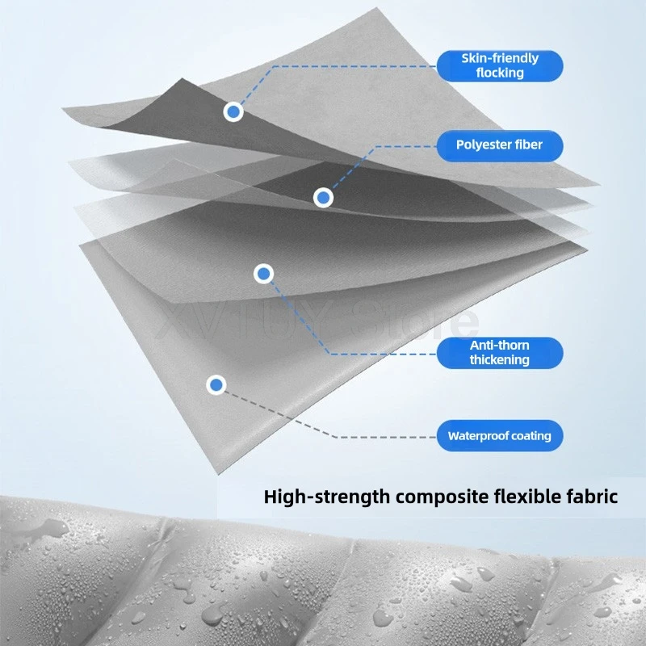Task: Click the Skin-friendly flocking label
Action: (x=499, y=65)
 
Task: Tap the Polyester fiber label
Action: (x=499, y=145)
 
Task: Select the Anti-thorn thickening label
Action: (x=499, y=353)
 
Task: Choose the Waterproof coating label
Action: (x=499, y=436)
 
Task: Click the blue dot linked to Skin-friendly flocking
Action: (x=233, y=112)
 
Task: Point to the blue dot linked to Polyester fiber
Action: (x=323, y=197)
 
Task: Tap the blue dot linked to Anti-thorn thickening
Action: (x=263, y=275)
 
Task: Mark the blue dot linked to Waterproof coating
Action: (x=216, y=386)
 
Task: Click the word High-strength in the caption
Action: (x=327, y=496)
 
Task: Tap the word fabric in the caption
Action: (x=593, y=496)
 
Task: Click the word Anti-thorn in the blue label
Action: (x=499, y=346)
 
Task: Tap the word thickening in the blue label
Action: (x=499, y=360)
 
